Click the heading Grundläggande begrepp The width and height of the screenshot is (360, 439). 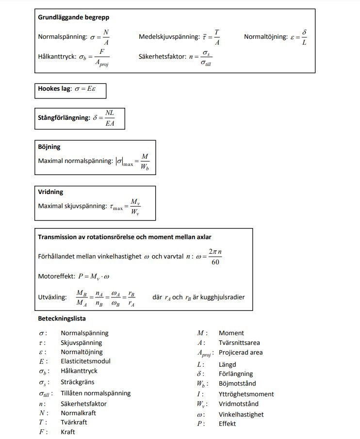point(73,17)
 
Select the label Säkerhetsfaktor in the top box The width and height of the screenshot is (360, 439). point(162,56)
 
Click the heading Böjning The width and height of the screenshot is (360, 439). point(49,146)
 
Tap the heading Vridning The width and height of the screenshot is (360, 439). point(50,192)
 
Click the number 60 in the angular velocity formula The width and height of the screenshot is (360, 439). point(215,262)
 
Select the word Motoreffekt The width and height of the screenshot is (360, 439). point(56,276)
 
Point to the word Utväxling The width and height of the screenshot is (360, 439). point(52,297)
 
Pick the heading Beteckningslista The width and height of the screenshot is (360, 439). point(62,319)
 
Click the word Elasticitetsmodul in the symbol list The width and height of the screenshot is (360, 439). point(85,361)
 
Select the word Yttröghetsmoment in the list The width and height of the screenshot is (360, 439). point(246,394)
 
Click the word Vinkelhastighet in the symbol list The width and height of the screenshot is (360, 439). point(241,414)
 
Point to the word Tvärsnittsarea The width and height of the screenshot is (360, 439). point(239,342)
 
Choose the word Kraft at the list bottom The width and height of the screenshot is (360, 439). point(68,432)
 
